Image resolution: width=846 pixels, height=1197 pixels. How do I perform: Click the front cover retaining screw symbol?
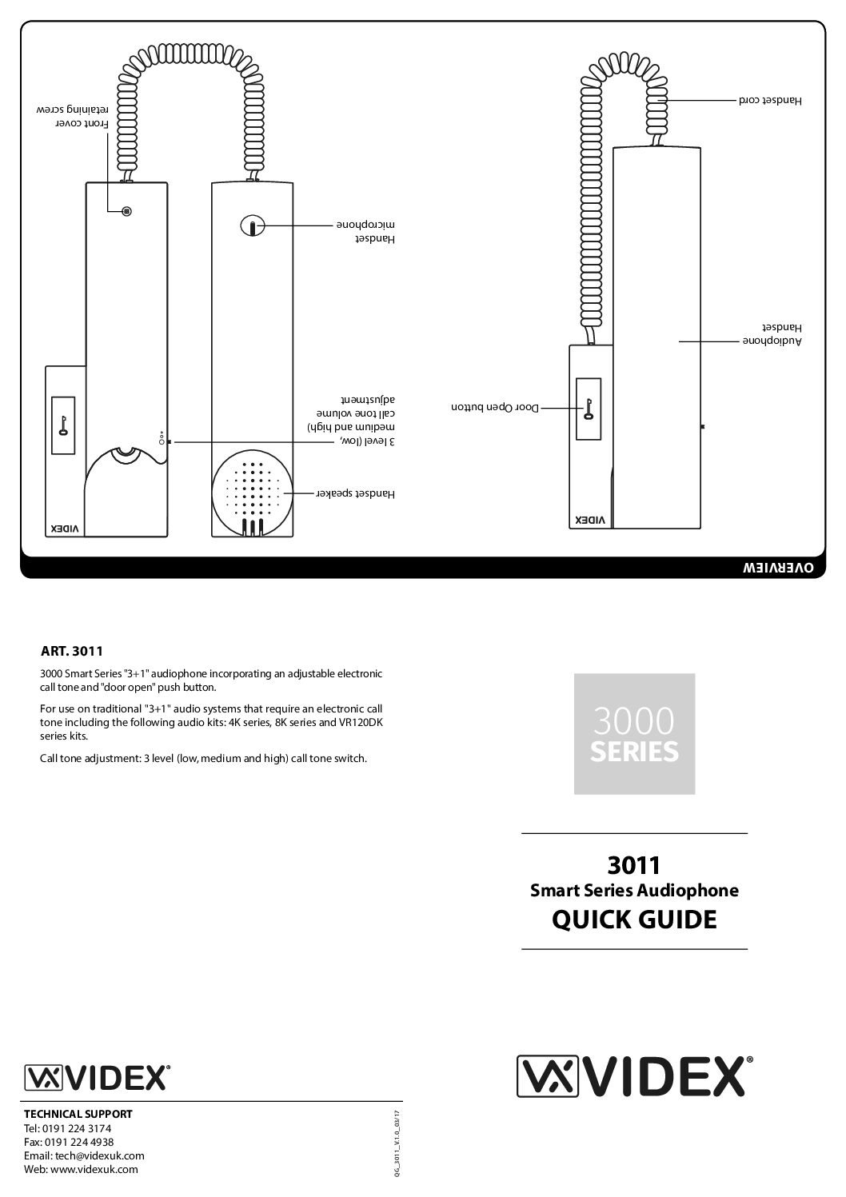click(x=126, y=211)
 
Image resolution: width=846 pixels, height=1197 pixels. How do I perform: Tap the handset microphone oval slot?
click(x=252, y=227)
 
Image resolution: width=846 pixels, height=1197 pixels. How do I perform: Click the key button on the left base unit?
click(x=62, y=424)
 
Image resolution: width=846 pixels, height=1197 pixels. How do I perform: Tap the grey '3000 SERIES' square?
click(x=634, y=734)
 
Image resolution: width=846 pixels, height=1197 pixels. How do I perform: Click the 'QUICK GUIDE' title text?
click(x=634, y=920)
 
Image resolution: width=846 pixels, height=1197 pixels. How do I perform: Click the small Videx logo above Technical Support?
click(x=98, y=1076)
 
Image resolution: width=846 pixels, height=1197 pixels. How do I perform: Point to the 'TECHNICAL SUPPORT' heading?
click(x=78, y=1114)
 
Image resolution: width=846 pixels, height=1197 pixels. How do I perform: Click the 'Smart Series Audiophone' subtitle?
click(x=634, y=890)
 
